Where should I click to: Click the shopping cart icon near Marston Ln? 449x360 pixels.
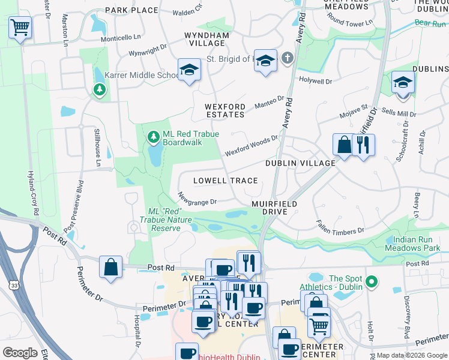click(20, 28)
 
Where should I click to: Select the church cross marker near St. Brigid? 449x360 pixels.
click(287, 59)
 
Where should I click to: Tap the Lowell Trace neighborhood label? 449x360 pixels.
click(225, 181)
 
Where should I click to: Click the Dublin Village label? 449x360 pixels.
click(301, 163)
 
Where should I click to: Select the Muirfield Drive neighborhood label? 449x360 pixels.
click(274, 208)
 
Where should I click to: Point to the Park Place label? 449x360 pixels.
click(131, 10)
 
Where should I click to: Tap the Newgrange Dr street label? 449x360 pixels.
click(197, 198)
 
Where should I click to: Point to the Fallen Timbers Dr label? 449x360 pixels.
click(340, 226)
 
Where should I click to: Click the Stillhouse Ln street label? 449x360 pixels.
click(97, 147)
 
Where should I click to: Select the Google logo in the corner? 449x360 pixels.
click(20, 352)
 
